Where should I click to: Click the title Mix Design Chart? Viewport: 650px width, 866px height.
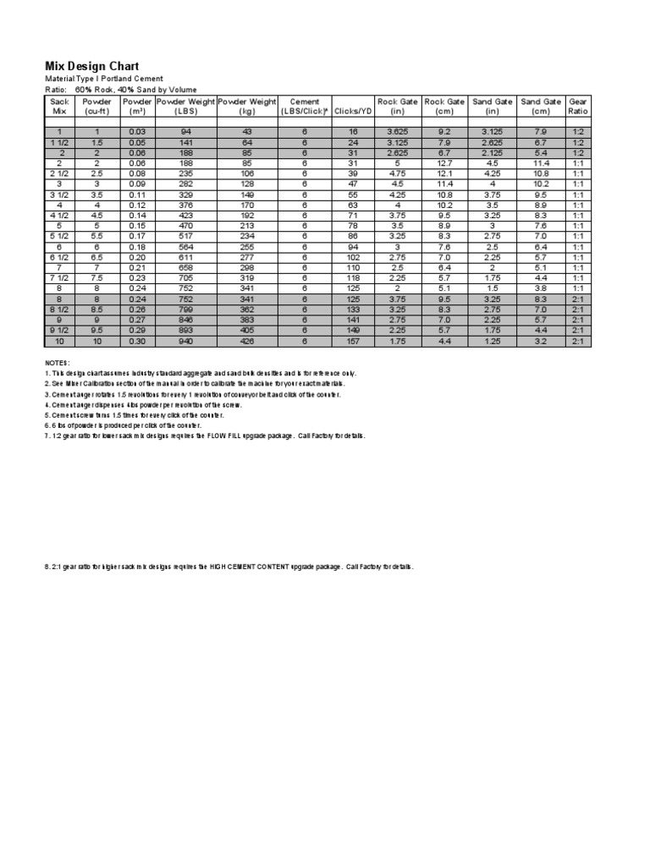click(91, 66)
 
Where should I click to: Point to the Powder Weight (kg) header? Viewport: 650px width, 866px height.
click(247, 106)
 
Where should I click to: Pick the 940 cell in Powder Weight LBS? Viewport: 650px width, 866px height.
click(185, 342)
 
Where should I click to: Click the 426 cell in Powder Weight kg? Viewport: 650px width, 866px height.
click(247, 342)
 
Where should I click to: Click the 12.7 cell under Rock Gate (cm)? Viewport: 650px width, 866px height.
click(446, 162)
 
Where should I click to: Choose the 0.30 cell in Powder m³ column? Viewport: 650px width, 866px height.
click(137, 342)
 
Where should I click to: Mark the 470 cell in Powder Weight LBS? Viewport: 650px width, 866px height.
click(185, 226)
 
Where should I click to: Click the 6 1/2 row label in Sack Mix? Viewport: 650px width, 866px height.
click(59, 257)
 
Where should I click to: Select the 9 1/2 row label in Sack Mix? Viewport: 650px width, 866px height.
click(59, 331)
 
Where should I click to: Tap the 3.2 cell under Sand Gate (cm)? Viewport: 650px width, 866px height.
click(541, 342)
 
